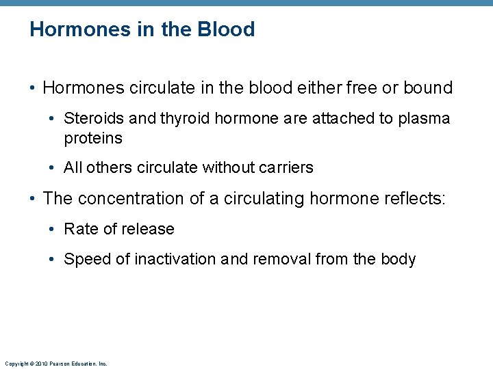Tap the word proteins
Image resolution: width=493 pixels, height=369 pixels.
click(93, 138)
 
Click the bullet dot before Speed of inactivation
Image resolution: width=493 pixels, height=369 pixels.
click(54, 260)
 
